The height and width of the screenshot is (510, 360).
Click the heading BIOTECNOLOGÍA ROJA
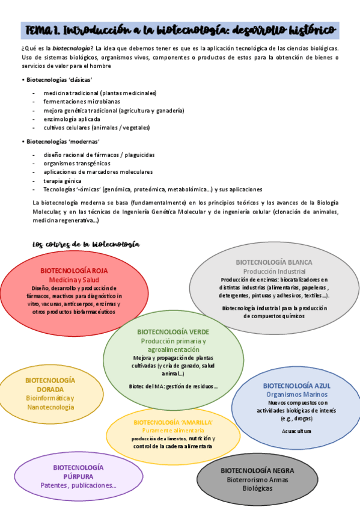[x=75, y=271]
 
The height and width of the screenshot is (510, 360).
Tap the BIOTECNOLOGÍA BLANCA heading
[x=273, y=262]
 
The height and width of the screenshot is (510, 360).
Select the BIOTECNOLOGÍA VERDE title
[x=173, y=332]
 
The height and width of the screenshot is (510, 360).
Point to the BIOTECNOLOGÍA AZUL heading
[x=296, y=386]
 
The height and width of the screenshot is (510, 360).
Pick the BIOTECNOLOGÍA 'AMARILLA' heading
[x=173, y=422]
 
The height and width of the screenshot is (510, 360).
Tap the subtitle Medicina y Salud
[x=75, y=280]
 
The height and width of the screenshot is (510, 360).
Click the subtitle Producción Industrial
[x=273, y=271]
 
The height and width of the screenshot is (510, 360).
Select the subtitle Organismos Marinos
[x=296, y=394]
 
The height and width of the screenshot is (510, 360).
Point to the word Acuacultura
[x=296, y=431]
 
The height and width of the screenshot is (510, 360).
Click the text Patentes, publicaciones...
[x=78, y=485]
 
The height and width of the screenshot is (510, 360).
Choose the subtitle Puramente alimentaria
[x=173, y=431]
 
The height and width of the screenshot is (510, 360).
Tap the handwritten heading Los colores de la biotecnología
[x=86, y=244]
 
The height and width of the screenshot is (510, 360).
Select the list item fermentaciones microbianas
[x=82, y=102]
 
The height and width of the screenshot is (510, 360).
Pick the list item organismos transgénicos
[x=77, y=163]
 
